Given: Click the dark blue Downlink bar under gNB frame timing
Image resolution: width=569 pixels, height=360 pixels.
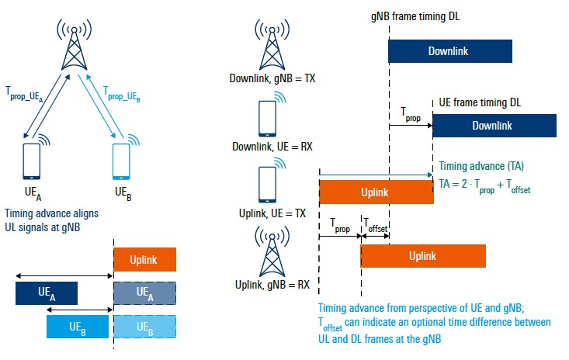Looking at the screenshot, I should tap(449, 50).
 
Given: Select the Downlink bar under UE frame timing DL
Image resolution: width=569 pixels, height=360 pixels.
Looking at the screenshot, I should tap(494, 125).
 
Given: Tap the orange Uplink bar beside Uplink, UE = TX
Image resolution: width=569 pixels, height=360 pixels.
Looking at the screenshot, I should tap(376, 192).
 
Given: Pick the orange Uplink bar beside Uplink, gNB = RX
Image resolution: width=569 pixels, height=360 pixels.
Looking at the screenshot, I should tap(422, 256).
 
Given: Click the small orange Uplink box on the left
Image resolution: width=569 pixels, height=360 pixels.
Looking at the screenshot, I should tap(144, 258).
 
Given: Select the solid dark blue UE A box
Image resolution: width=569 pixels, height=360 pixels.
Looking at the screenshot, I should tap(47, 292).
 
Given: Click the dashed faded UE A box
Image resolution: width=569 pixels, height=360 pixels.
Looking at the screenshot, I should tap(144, 292).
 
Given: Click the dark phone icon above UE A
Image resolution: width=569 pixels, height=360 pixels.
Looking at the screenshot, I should tap(32, 158).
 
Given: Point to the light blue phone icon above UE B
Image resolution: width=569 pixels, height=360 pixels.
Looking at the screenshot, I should tap(121, 158).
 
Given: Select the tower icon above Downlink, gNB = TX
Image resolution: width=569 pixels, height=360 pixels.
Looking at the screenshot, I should tap(272, 45).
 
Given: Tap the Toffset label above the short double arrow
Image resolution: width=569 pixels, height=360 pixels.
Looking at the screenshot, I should tap(375, 227).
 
